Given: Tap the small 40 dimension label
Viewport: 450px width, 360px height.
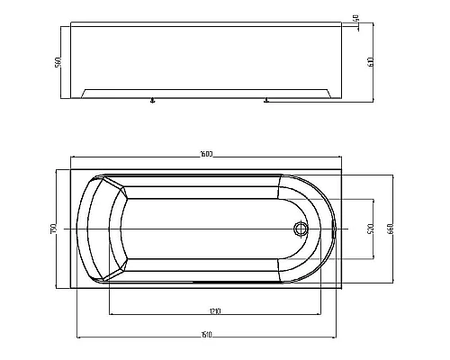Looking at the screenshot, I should (x=356, y=17).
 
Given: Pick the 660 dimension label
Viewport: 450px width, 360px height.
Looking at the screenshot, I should (x=391, y=229).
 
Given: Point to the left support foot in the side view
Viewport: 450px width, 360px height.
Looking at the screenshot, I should (x=153, y=102).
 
